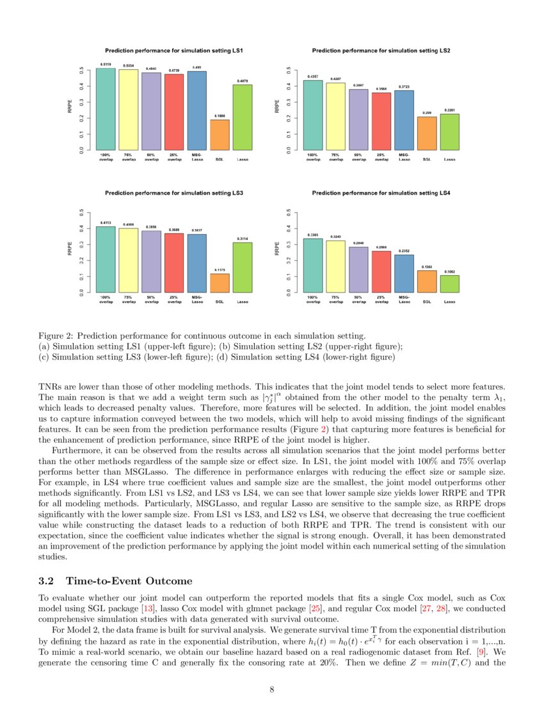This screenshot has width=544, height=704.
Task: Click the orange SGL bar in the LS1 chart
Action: (x=220, y=135)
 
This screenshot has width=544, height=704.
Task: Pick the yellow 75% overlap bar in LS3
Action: (x=129, y=260)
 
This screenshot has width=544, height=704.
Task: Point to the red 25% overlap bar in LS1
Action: (x=174, y=112)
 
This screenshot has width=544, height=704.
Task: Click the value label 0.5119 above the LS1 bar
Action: (x=106, y=65)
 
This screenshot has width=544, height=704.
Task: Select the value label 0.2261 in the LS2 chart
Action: (x=450, y=110)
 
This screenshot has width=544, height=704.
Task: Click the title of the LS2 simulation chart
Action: (x=381, y=50)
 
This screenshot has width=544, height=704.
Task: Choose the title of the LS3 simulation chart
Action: (x=174, y=192)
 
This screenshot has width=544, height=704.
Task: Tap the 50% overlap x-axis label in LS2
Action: (x=358, y=157)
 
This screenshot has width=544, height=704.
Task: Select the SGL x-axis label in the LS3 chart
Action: (x=220, y=301)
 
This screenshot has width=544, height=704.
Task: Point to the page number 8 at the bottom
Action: (x=272, y=689)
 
